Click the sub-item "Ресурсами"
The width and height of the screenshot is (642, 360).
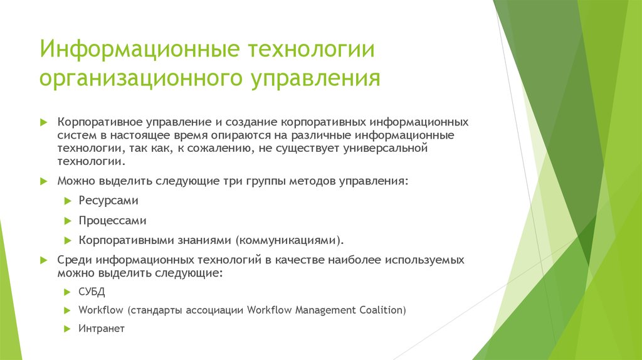coord(108,201)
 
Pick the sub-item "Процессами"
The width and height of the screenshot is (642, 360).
coord(112,221)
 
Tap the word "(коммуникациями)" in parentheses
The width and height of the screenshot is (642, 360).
coord(290,240)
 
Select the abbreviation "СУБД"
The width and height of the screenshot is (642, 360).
coord(92,292)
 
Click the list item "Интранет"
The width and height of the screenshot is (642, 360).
coord(102,328)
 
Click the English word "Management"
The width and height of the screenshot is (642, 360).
coord(324,310)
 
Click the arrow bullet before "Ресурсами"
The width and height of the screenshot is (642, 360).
coord(68,201)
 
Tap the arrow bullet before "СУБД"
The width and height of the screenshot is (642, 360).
coord(68,292)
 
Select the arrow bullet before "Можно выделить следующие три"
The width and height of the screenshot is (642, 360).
coord(43,181)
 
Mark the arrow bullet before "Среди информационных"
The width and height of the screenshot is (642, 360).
coord(43,260)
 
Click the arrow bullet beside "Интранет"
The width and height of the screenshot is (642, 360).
coord(68,328)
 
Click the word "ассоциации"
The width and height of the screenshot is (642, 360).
coord(219,310)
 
